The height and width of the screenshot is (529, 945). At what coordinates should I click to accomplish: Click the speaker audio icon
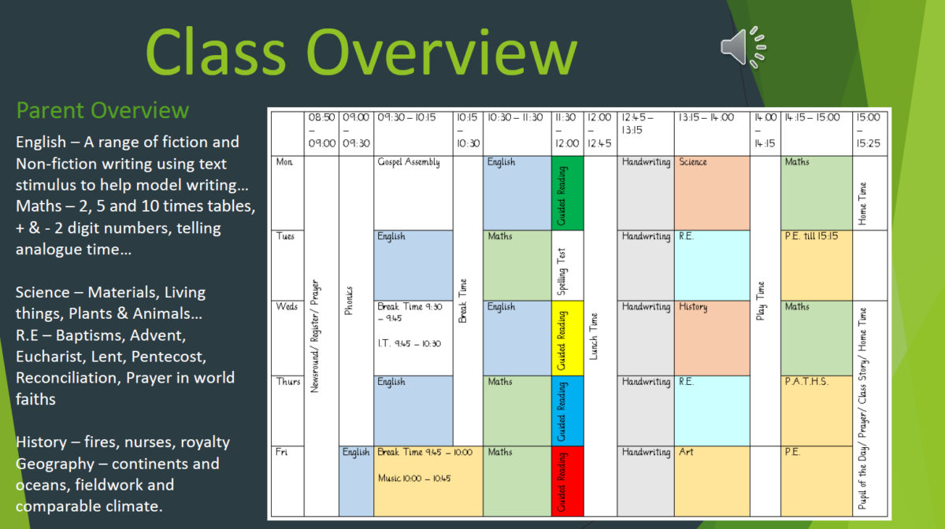click(x=743, y=47)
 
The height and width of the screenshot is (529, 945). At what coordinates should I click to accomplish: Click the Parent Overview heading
click(x=102, y=110)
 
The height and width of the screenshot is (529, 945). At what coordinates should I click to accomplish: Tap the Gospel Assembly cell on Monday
click(x=413, y=193)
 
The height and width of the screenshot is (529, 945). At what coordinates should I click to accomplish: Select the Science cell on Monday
click(x=712, y=193)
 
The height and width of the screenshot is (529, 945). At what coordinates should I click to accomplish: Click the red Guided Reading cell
click(x=568, y=481)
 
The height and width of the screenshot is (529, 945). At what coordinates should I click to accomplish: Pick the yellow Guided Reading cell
click(x=568, y=338)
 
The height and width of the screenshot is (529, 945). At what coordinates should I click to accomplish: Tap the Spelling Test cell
click(x=568, y=266)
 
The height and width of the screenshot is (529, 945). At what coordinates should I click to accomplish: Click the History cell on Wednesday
click(x=712, y=338)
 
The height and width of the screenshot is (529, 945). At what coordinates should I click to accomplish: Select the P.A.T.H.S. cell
click(x=817, y=411)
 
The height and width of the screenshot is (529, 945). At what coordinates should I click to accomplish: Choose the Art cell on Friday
click(x=712, y=481)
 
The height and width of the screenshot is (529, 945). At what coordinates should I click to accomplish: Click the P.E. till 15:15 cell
click(x=817, y=266)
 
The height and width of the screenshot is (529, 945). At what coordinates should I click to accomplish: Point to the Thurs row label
click(x=288, y=381)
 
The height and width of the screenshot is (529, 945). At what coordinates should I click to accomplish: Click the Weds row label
click(x=287, y=307)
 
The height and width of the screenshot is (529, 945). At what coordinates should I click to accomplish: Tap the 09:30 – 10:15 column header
click(x=406, y=117)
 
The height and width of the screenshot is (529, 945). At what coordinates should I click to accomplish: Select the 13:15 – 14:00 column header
click(x=706, y=117)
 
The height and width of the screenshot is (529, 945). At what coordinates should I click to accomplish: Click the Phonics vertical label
click(x=348, y=301)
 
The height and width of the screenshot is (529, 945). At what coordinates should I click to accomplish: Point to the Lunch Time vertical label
click(x=594, y=336)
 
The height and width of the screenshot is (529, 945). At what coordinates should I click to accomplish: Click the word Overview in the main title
click(x=442, y=51)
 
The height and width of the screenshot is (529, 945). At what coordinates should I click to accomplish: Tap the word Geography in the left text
click(x=55, y=464)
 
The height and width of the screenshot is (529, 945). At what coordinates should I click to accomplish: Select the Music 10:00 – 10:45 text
click(x=414, y=479)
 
